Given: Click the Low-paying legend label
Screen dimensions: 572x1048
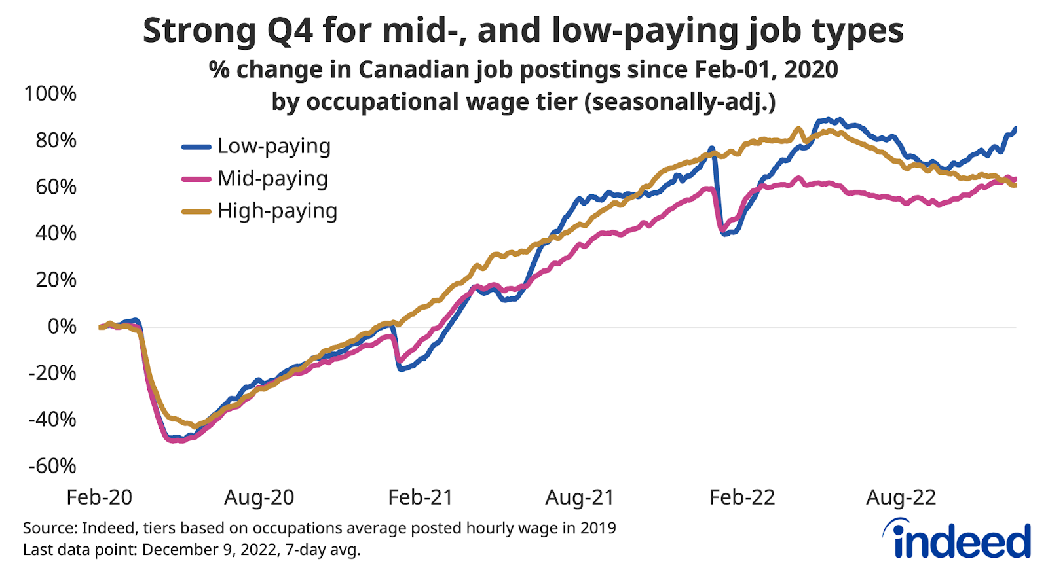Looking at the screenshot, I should pyautogui.click(x=274, y=147).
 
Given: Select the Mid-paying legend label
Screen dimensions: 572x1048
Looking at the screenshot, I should pyautogui.click(x=272, y=179).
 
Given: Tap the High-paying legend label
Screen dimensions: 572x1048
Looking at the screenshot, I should pyautogui.click(x=277, y=211).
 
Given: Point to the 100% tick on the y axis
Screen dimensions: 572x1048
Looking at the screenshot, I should pyautogui.click(x=50, y=94).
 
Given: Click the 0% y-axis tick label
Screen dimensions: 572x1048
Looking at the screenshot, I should pyautogui.click(x=62, y=326).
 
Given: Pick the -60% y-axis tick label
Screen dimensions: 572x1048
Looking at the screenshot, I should pyautogui.click(x=52, y=466).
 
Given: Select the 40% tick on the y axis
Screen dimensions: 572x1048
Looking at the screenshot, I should pyautogui.click(x=56, y=233).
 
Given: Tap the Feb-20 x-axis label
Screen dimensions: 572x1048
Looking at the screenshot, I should pyautogui.click(x=100, y=497).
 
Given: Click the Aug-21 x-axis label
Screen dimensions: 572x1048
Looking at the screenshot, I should pyautogui.click(x=580, y=497).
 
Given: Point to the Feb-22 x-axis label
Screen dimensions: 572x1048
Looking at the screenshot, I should pyautogui.click(x=742, y=497).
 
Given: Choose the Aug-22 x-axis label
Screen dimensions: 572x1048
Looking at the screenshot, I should pyautogui.click(x=901, y=497).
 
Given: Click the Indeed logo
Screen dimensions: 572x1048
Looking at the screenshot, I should pyautogui.click(x=958, y=539).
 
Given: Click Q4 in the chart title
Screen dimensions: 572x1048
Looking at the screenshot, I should pyautogui.click(x=291, y=31).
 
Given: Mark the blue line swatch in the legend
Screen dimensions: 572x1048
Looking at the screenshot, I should pyautogui.click(x=196, y=147).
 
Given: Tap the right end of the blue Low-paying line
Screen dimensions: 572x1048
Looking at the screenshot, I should pyautogui.click(x=1015, y=129).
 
